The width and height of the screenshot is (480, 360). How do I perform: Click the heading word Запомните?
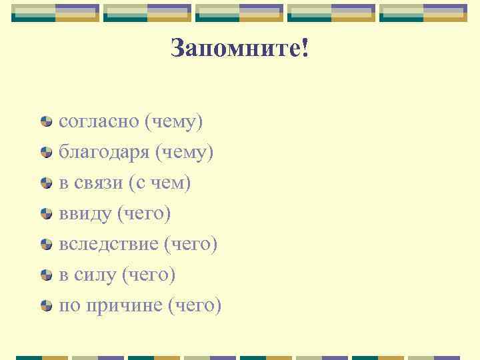239,49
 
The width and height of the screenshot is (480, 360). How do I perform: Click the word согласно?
97,123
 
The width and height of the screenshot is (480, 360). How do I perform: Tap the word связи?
98,183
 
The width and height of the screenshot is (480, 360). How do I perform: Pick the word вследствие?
107,245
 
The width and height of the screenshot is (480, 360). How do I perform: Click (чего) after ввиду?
143,214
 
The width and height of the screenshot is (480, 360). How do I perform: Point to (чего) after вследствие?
190,245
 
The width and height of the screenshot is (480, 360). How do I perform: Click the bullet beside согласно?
46,123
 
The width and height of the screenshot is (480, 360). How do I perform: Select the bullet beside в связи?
46,184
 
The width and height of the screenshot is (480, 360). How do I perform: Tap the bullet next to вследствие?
46,245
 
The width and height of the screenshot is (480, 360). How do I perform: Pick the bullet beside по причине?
46,307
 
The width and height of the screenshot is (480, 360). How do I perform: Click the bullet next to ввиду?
46,215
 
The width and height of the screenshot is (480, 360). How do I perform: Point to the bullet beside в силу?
46,276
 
